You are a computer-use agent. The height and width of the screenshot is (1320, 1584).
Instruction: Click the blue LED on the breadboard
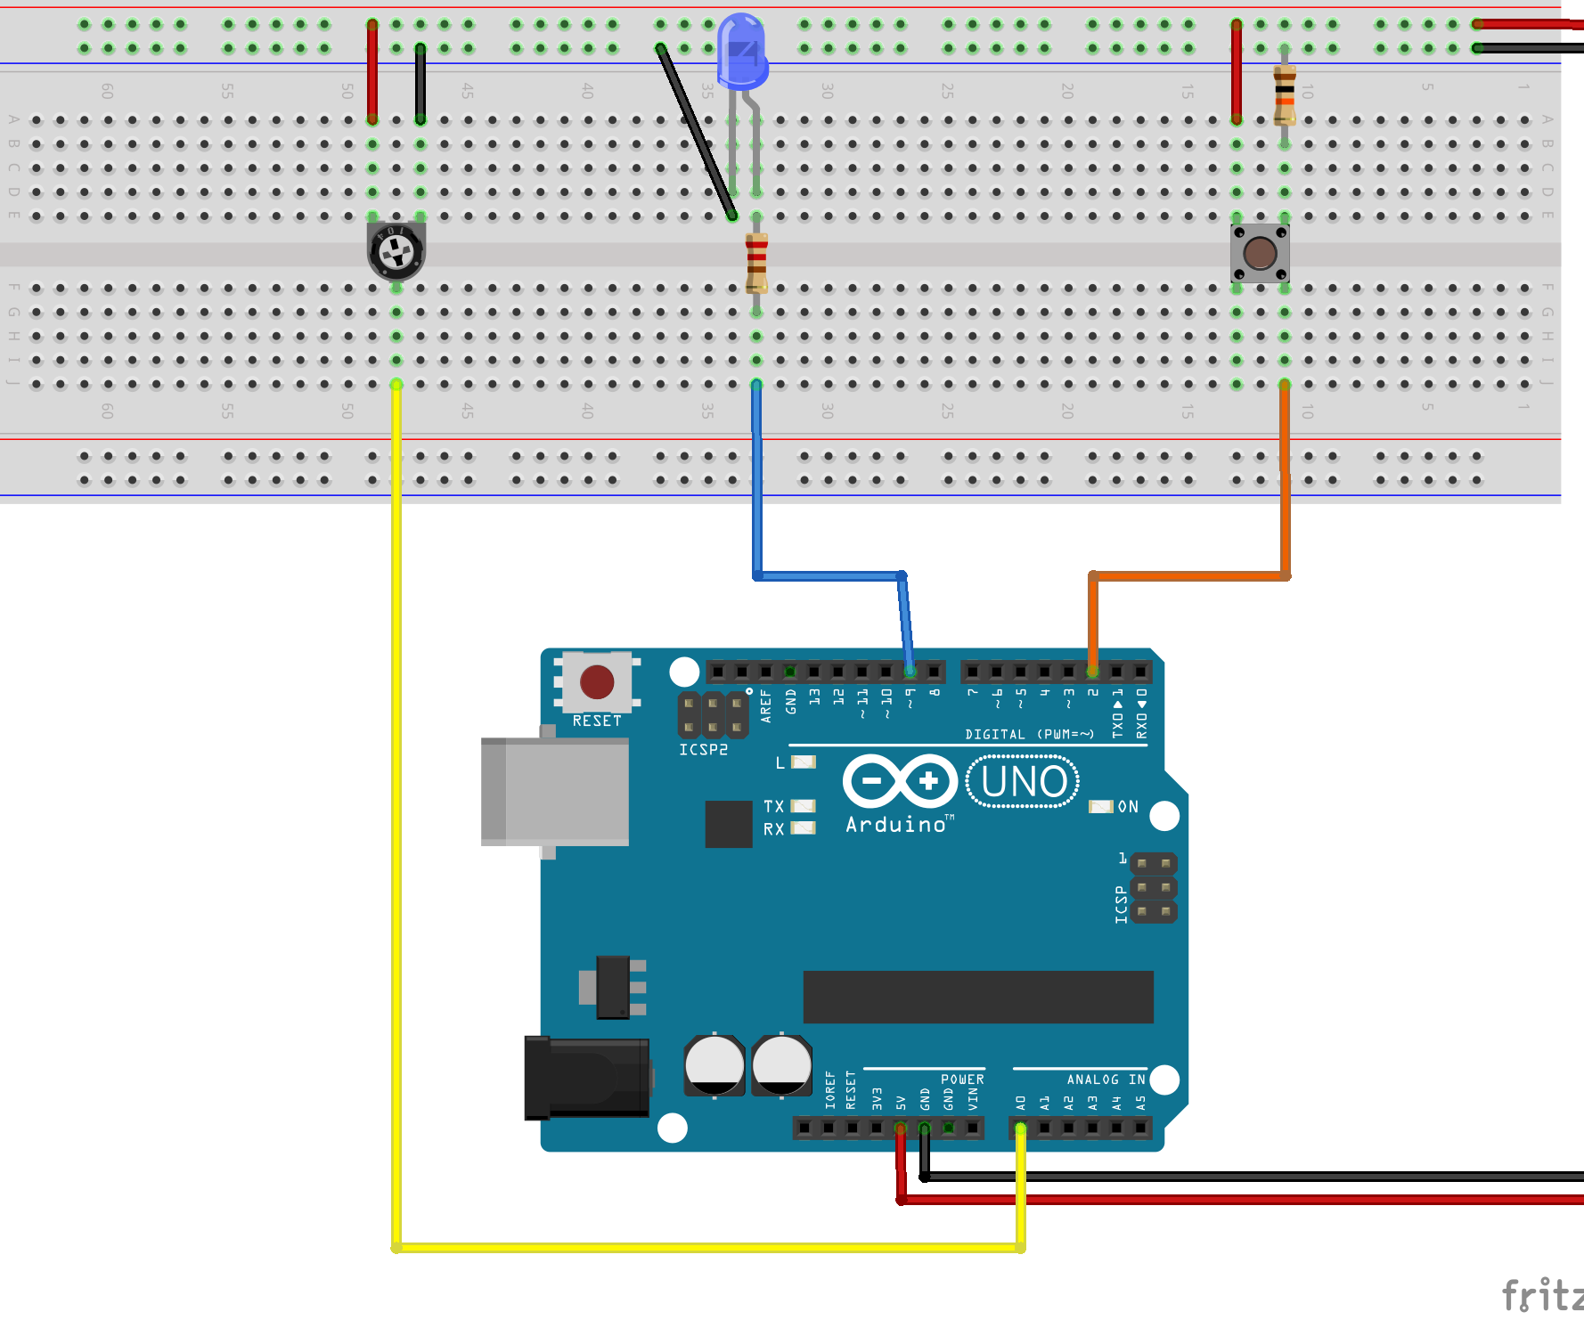(741, 52)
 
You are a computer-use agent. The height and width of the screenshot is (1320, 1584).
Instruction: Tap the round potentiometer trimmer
(396, 251)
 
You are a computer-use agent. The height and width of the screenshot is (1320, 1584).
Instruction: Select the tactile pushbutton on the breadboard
(1260, 254)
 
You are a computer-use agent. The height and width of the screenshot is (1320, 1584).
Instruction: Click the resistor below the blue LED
(756, 263)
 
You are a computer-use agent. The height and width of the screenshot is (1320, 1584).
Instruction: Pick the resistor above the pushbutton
(1284, 94)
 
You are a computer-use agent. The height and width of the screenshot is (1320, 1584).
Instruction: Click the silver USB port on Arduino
(554, 791)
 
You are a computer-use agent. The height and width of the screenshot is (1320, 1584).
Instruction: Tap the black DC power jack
(586, 1078)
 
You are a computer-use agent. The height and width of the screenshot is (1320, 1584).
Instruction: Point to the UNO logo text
(1023, 782)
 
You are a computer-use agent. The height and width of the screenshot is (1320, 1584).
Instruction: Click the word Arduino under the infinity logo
(895, 825)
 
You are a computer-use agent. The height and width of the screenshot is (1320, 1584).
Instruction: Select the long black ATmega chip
(977, 997)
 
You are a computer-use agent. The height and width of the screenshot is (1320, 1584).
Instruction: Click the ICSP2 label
(703, 750)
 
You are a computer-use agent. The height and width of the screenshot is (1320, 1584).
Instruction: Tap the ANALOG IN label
(1105, 1080)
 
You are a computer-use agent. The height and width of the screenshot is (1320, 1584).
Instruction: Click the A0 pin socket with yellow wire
(1021, 1129)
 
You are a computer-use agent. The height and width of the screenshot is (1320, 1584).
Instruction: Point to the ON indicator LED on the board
(1101, 806)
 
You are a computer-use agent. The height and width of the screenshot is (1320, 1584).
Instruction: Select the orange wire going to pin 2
(1189, 576)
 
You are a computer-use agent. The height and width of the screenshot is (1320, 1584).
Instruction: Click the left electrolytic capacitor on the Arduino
(714, 1065)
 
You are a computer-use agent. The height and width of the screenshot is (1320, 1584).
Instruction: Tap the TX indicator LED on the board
(803, 806)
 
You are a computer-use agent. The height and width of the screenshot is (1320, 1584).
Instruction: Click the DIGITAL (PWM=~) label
(1029, 734)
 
